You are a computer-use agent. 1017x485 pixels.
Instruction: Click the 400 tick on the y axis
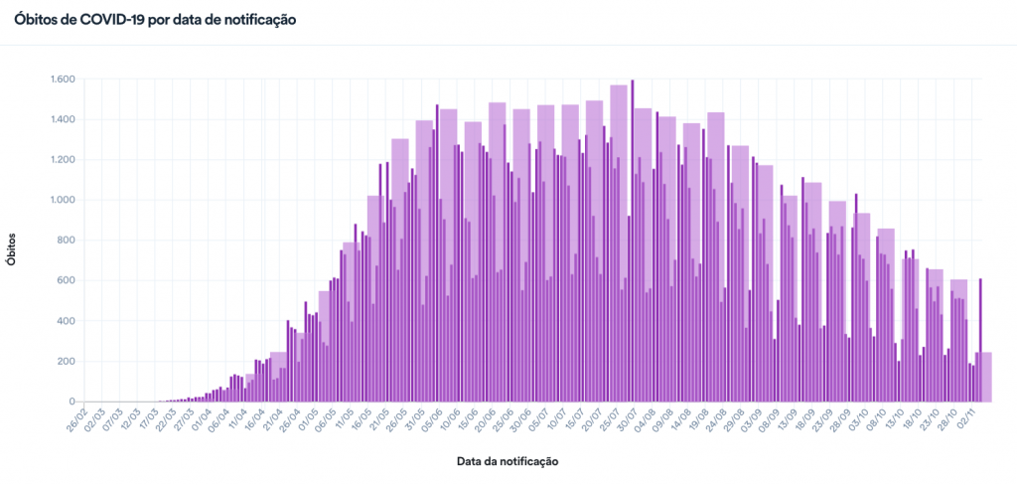pyautogui.click(x=67, y=321)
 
